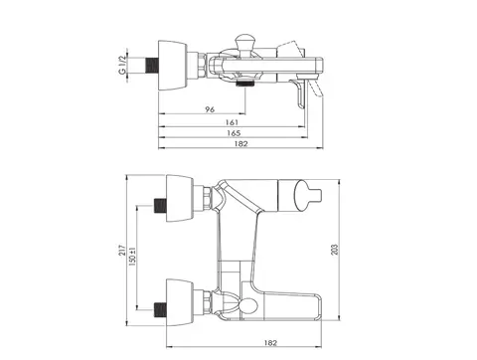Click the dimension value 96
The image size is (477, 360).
[x=210, y=109]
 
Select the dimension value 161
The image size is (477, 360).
[x=232, y=122]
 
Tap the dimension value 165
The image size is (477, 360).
[x=234, y=133]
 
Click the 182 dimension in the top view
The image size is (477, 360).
[x=240, y=144]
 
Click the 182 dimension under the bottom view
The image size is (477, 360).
[x=270, y=343]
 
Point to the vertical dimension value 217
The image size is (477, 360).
[x=122, y=251]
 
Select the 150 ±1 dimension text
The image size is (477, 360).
[x=132, y=257]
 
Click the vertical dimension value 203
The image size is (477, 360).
[x=335, y=250]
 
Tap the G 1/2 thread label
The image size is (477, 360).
[x=122, y=65]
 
